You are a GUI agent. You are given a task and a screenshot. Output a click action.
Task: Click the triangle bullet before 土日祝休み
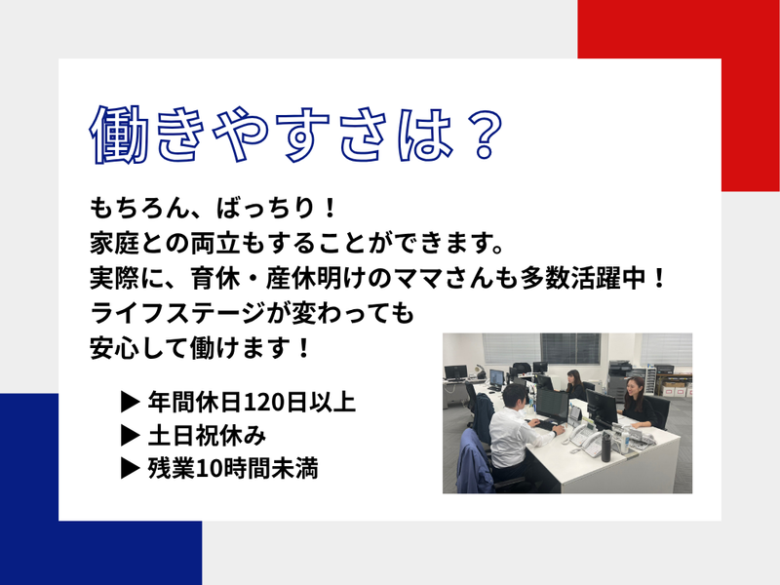click(x=127, y=434)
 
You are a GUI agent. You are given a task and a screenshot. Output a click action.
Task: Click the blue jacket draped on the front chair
click(x=477, y=457)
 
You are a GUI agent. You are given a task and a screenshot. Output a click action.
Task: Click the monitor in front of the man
click(x=553, y=404)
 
